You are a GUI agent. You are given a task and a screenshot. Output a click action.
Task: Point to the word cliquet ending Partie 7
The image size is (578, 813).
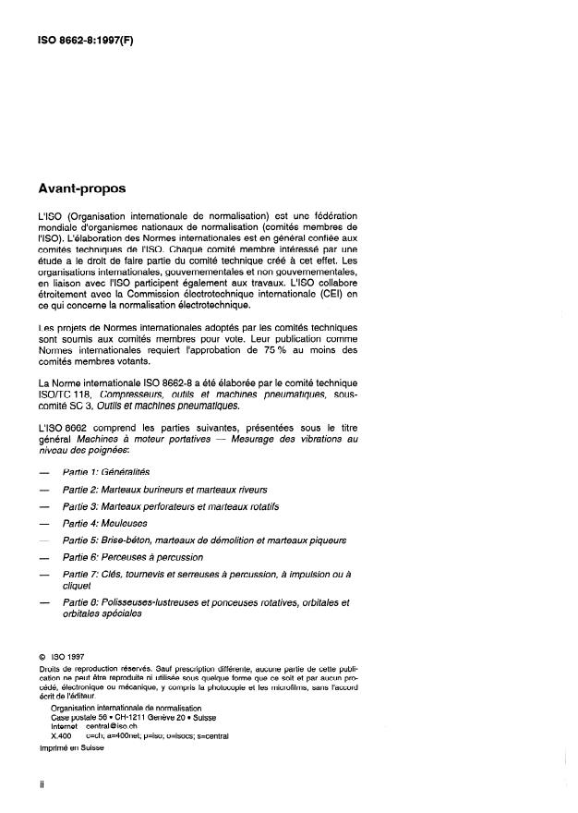[76, 585]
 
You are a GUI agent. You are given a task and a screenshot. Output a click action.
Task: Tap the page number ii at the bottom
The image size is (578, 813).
[30, 784]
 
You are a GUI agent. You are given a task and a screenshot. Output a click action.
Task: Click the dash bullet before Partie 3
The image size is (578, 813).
[33, 506]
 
